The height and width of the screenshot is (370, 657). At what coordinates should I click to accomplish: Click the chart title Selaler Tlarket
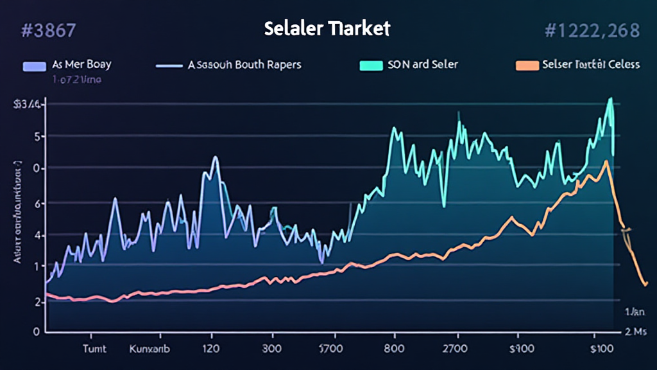point(327,29)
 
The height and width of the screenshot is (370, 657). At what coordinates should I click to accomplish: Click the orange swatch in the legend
point(525,65)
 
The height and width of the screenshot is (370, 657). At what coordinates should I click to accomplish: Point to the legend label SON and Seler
point(423,65)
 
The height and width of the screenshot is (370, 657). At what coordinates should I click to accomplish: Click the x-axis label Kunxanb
point(149,351)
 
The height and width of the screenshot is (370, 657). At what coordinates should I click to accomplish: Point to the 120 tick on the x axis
point(212,351)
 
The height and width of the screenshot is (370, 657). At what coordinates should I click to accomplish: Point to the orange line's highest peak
point(605,161)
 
